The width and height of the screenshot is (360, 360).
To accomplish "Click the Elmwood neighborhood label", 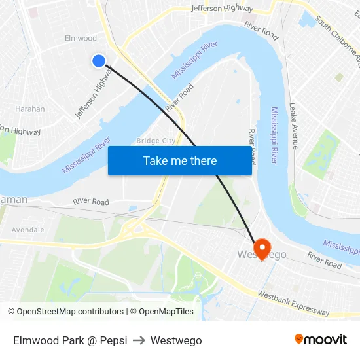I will [x=81, y=38].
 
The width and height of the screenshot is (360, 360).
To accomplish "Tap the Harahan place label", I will [x=29, y=109].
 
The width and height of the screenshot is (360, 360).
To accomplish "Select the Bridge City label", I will [x=156, y=141].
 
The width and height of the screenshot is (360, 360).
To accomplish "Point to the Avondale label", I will [x=27, y=230].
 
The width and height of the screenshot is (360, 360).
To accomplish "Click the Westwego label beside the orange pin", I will [x=262, y=255].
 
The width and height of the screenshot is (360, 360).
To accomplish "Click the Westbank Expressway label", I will [x=293, y=303].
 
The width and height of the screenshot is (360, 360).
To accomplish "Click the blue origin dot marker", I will [x=98, y=61].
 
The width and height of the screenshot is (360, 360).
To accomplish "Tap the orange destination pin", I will [x=262, y=248].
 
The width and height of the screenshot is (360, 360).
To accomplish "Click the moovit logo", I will [x=321, y=340].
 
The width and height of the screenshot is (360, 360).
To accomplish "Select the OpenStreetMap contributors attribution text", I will [x=65, y=312].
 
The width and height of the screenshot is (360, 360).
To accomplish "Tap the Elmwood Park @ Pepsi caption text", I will [x=70, y=340].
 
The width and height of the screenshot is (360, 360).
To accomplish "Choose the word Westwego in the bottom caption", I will [x=176, y=340].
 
